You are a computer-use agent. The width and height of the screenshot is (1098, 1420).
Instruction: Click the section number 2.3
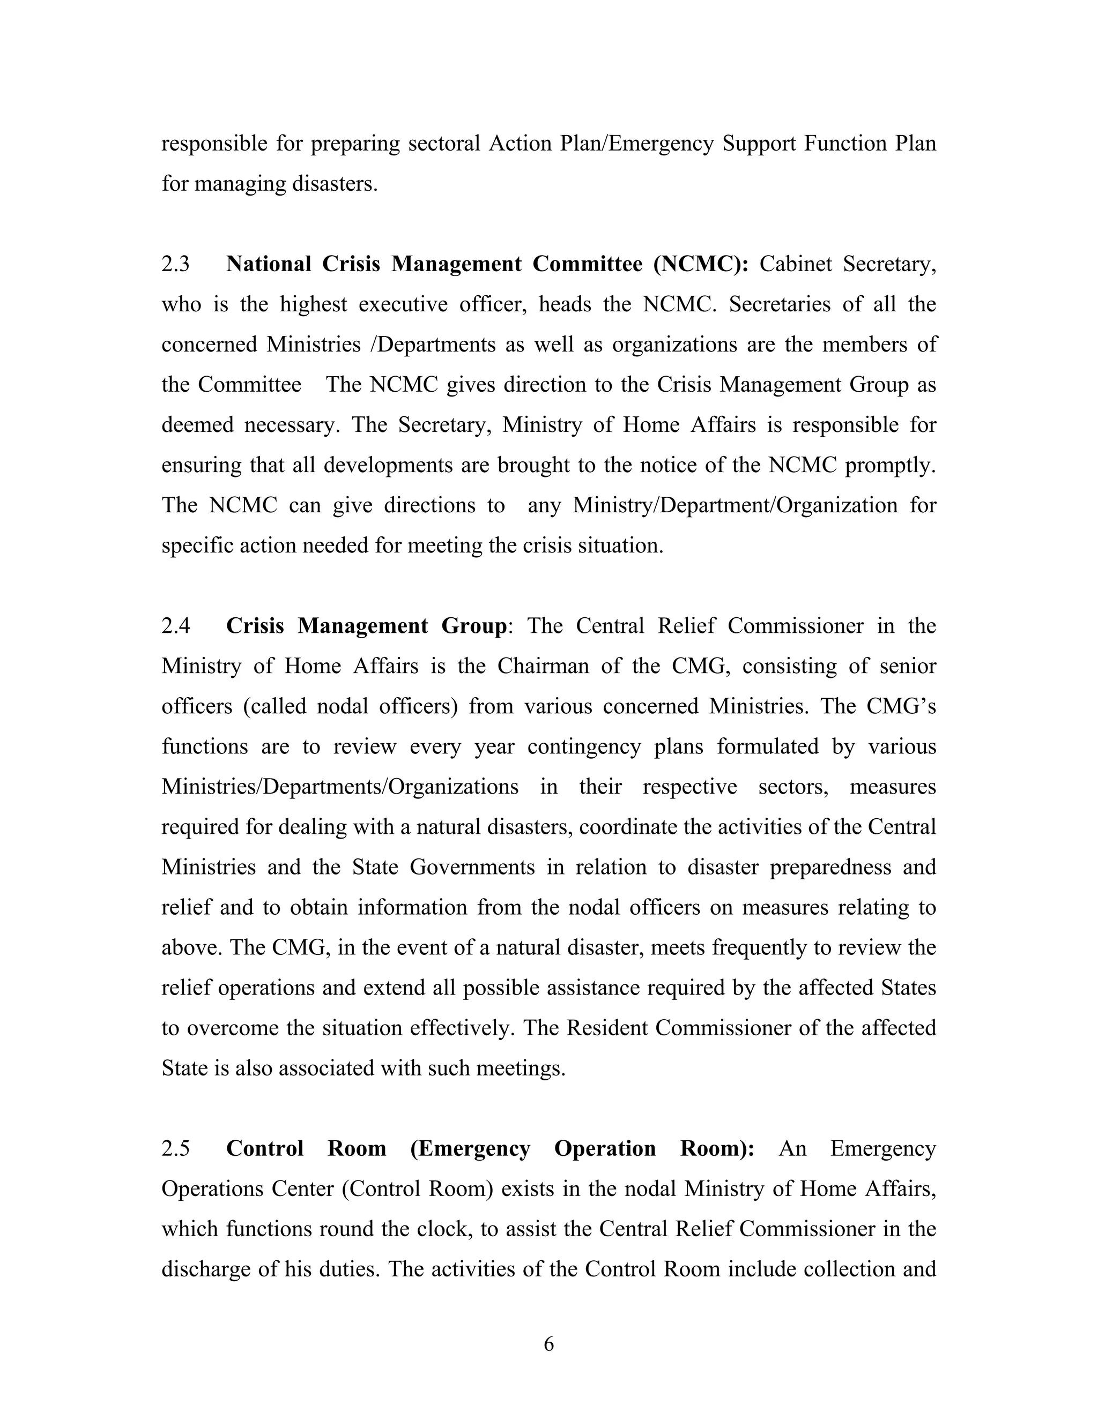pyautogui.click(x=176, y=264)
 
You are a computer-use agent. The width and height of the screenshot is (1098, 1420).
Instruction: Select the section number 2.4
pyautogui.click(x=176, y=625)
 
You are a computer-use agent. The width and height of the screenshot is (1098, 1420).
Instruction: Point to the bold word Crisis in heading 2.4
pyautogui.click(x=255, y=625)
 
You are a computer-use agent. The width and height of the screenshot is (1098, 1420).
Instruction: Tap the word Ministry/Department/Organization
pyautogui.click(x=735, y=505)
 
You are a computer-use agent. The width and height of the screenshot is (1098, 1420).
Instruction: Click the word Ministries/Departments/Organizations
pyautogui.click(x=339, y=787)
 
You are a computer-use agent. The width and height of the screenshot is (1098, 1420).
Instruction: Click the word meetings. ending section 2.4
pyautogui.click(x=521, y=1068)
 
